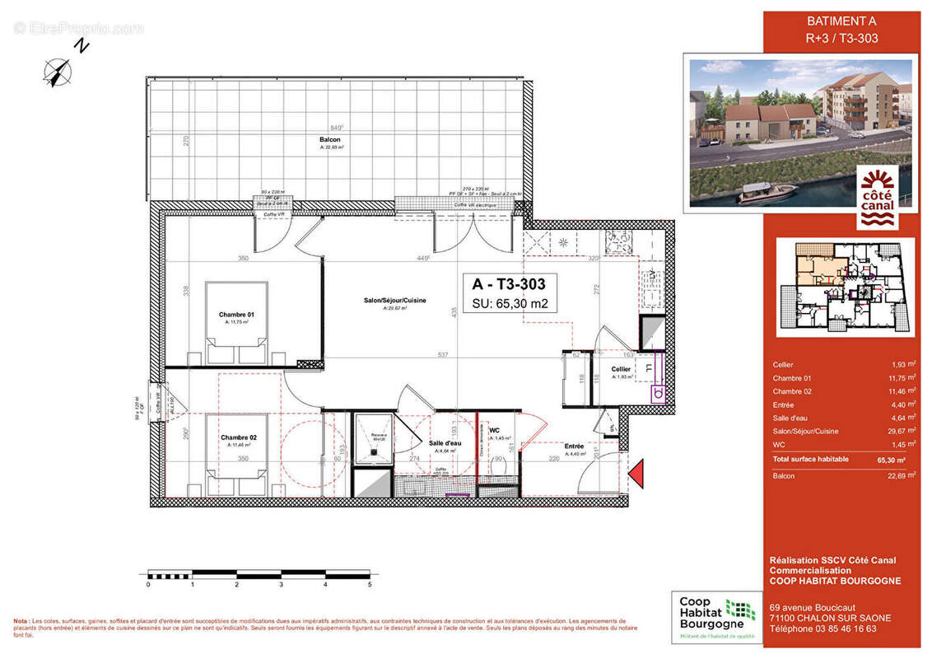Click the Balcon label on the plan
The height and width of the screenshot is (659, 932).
pyautogui.click(x=331, y=140)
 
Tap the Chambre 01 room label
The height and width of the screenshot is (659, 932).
pyautogui.click(x=236, y=315)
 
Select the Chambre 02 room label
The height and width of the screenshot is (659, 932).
pyautogui.click(x=238, y=437)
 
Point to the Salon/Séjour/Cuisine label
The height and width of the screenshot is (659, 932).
pyautogui.click(x=395, y=301)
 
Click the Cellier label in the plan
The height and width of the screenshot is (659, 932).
pyautogui.click(x=621, y=369)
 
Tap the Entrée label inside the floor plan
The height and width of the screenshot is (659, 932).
pyautogui.click(x=574, y=446)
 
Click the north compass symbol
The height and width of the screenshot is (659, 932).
pyautogui.click(x=58, y=71)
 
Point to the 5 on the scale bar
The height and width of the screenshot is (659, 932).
pyautogui.click(x=370, y=584)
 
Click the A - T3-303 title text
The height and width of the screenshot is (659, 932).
pyautogui.click(x=509, y=284)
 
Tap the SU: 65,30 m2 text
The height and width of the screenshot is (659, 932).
pyautogui.click(x=510, y=304)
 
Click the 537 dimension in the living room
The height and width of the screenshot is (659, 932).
pyautogui.click(x=442, y=355)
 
